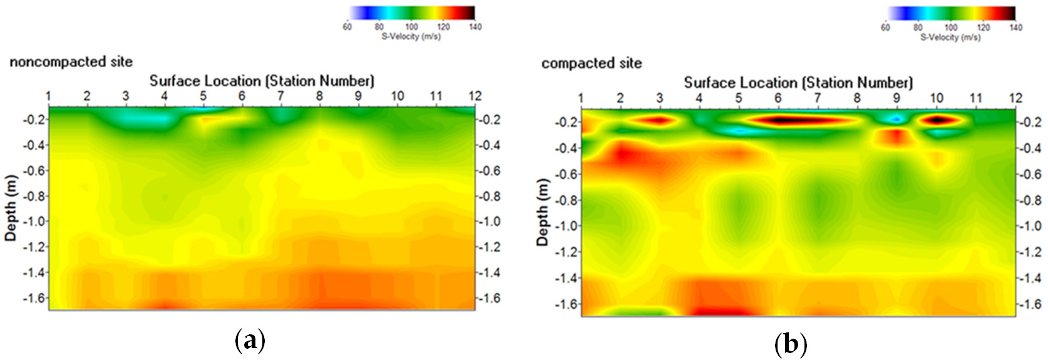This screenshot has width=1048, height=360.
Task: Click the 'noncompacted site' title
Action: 71,62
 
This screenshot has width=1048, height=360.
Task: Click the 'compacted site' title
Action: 592,63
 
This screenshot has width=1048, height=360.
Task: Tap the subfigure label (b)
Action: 791,344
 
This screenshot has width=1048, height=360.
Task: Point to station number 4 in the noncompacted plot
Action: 165,96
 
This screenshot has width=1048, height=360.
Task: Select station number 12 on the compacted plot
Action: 1015,98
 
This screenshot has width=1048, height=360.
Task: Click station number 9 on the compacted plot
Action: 896,98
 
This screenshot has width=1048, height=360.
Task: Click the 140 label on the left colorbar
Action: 475,27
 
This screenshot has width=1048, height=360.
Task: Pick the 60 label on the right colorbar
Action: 885,28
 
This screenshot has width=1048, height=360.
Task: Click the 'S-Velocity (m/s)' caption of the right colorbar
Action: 950,38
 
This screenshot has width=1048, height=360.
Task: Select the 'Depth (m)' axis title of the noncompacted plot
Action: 11,208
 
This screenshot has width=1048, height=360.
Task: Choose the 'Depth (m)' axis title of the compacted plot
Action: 543,212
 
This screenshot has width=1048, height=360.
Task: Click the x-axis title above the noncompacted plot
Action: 262,81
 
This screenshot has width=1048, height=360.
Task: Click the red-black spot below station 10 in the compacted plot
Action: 937,119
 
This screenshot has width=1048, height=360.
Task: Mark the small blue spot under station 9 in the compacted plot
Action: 896,118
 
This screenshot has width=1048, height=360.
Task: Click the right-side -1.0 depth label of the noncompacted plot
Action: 489,222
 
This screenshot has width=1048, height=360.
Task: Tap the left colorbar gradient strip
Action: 411,13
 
